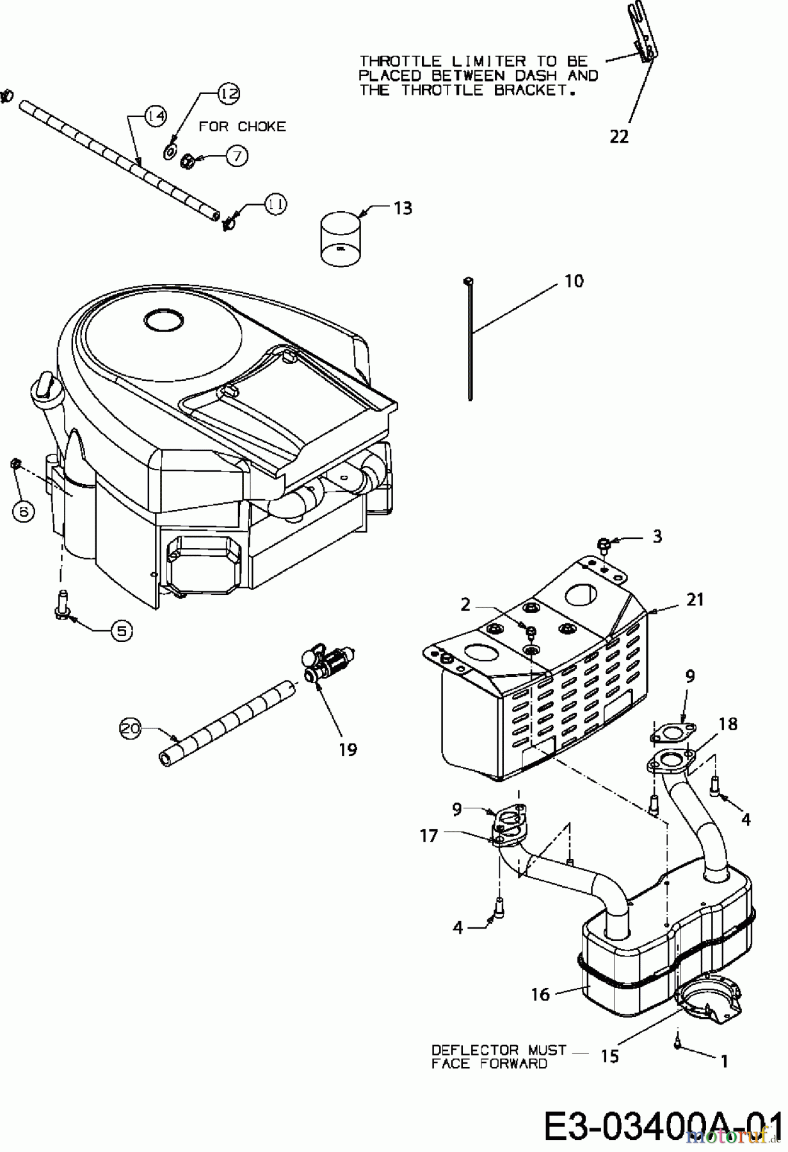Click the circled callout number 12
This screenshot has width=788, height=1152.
pos(228,93)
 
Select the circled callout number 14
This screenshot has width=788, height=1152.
pos(154,116)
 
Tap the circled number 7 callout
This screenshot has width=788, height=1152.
pos(237,156)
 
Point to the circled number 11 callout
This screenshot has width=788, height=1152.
pos(276,204)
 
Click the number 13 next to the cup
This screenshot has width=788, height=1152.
pos(403,208)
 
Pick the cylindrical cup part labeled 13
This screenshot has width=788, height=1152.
pos(339,238)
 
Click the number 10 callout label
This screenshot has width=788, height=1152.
pos(574,281)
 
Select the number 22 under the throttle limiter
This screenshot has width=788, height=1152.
pos(619,136)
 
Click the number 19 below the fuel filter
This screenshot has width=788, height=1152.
pos(348,749)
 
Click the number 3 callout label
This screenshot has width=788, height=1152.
pos(657,536)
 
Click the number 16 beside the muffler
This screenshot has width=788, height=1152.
pos(540,994)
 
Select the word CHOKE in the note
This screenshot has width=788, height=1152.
pos(261,127)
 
